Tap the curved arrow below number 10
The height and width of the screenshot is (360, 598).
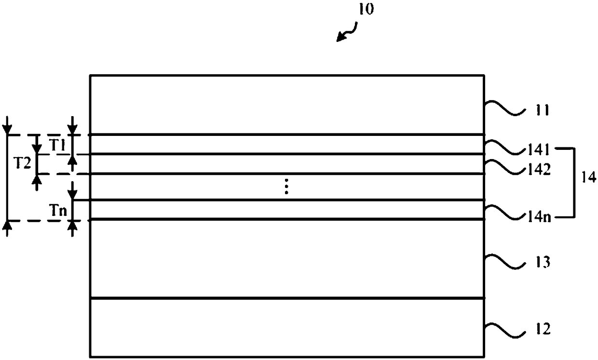(x=347, y=34)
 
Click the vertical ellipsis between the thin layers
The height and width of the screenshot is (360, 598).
(x=286, y=187)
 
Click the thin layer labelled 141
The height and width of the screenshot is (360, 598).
(x=286, y=144)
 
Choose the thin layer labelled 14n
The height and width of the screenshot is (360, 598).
(x=286, y=210)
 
